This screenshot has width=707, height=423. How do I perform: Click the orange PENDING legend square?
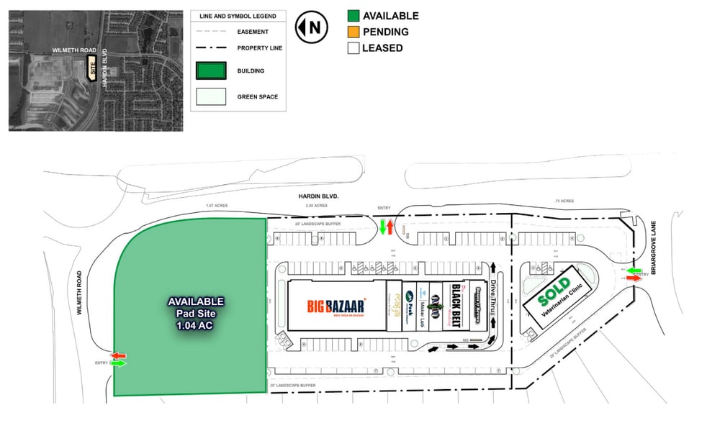[x=353, y=32]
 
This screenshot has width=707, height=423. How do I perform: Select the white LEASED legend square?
[x=353, y=48]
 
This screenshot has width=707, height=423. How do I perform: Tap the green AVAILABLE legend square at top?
[x=353, y=16]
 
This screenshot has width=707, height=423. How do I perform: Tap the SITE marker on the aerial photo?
[x=91, y=69]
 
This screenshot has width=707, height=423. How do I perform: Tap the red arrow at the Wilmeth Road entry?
[x=117, y=355]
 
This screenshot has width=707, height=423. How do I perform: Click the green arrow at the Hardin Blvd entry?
[x=383, y=229]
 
